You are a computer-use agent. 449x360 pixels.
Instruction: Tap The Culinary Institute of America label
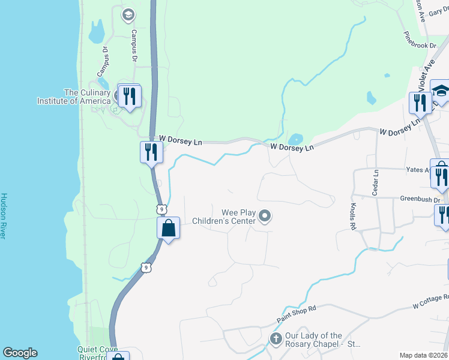coord(88,97)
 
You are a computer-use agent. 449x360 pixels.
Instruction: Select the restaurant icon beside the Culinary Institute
coord(130,96)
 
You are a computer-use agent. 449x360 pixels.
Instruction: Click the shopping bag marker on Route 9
coord(169,228)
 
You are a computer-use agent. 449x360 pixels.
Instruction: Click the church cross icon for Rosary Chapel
coord(276,339)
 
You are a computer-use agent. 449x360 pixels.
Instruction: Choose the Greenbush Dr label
coord(420,199)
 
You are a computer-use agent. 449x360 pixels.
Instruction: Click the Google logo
coord(20,353)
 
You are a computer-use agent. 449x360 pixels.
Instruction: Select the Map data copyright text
coord(424,355)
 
